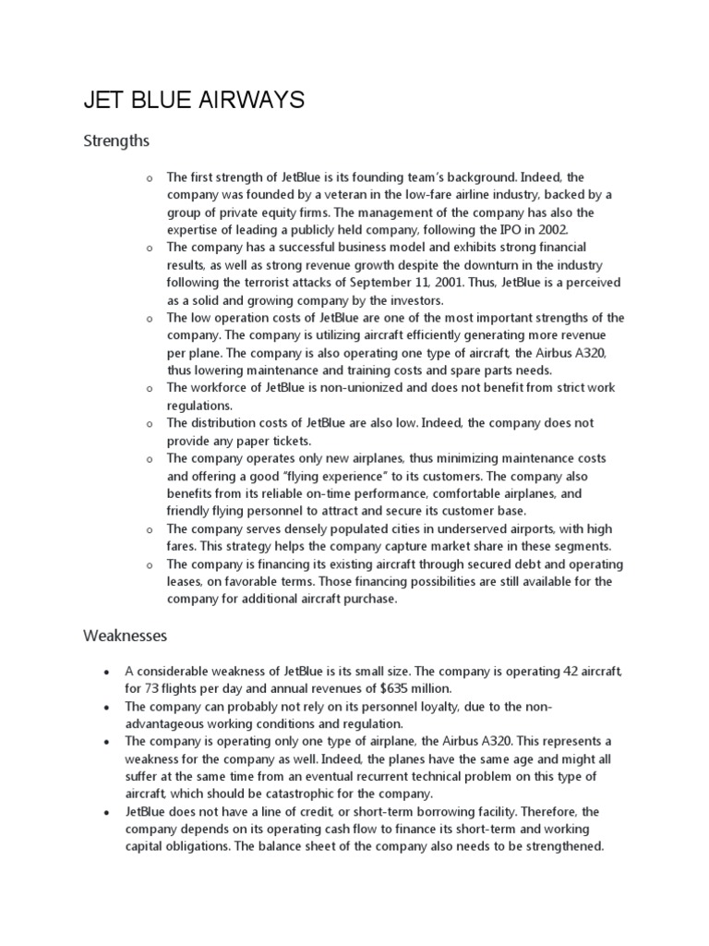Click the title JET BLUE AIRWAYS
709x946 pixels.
pyautogui.click(x=194, y=100)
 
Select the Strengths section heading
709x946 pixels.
pyautogui.click(x=116, y=141)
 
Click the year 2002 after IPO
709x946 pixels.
pyautogui.click(x=551, y=229)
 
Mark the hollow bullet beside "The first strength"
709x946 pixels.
pyautogui.click(x=149, y=177)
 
